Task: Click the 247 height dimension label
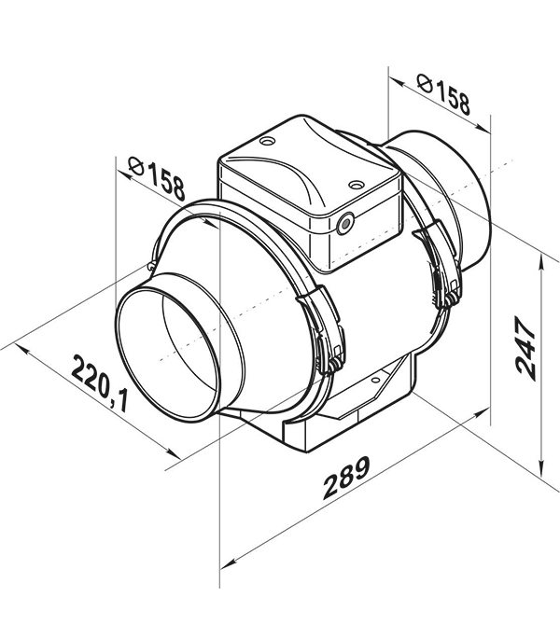525,350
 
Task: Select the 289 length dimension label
346,477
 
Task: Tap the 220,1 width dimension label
101,383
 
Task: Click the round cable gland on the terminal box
345,224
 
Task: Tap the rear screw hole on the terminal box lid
267,141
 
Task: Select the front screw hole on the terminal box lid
357,186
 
